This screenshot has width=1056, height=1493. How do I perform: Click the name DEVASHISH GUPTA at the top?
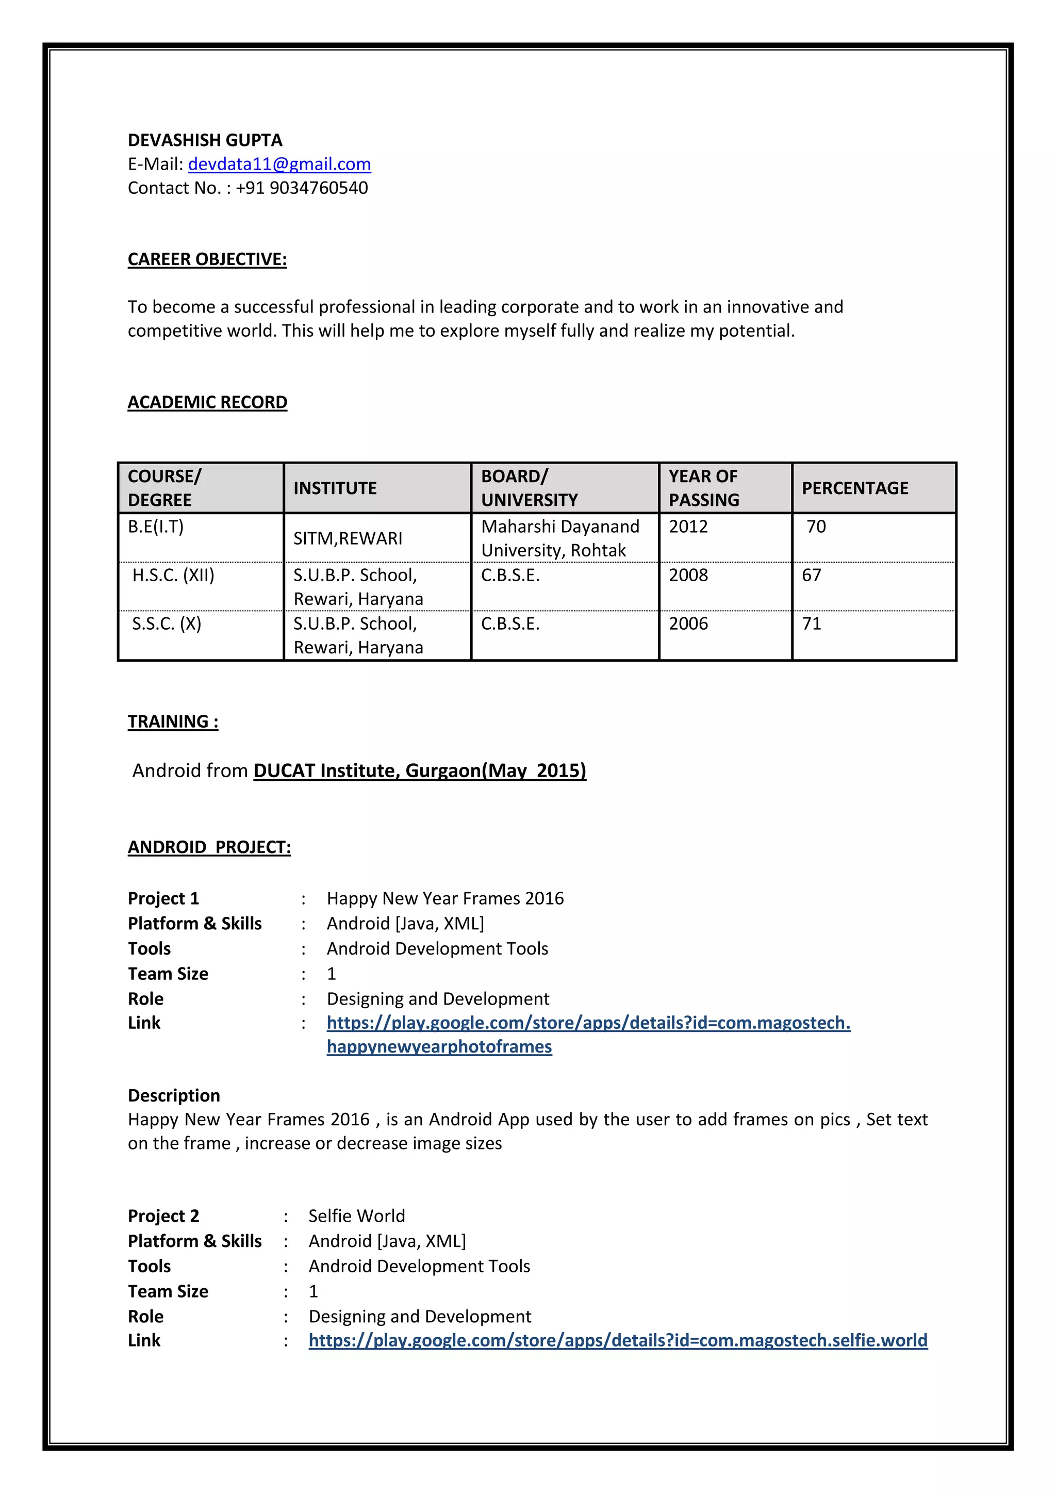[x=205, y=140]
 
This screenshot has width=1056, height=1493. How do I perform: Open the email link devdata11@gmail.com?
[x=279, y=165]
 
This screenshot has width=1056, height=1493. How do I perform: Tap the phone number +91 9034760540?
[x=302, y=188]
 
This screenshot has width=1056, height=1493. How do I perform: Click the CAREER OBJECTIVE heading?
[x=207, y=259]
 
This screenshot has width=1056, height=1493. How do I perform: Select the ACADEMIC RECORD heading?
[x=207, y=402]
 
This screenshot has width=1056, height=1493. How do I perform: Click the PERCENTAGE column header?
[x=854, y=488]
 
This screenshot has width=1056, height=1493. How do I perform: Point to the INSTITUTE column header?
[x=335, y=488]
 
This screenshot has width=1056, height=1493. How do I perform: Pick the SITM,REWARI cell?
[x=348, y=538]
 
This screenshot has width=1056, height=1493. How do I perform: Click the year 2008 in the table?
[x=688, y=576]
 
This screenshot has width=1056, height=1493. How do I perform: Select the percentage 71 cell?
[x=812, y=624]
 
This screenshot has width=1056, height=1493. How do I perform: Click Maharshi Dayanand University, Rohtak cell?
[x=559, y=538]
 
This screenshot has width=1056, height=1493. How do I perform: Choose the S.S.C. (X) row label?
[x=167, y=624]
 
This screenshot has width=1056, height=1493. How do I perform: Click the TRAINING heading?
[x=173, y=722]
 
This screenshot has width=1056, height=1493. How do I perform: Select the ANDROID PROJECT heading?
[x=209, y=847]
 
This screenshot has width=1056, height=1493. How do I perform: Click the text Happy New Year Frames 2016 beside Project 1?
[x=445, y=899]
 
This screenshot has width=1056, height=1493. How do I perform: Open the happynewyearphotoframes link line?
[x=439, y=1047]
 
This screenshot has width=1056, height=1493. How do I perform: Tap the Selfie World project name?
[x=356, y=1216]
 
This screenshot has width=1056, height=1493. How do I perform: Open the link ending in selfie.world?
[x=618, y=1341]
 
